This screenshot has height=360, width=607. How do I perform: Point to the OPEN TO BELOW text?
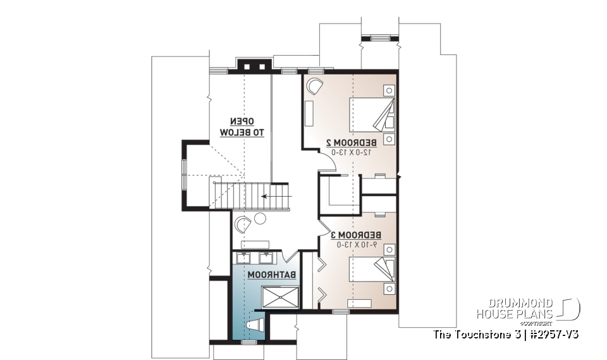click(242, 127)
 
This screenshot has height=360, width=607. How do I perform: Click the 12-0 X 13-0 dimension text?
click(352, 152)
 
